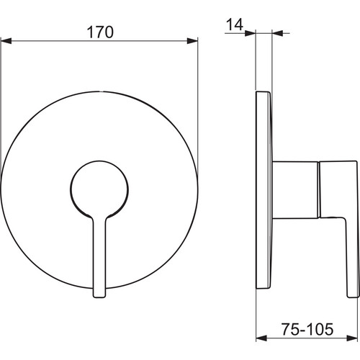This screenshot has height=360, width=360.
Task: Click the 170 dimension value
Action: pyautogui.click(x=100, y=32)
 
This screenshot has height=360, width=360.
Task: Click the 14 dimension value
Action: pyautogui.click(x=235, y=24)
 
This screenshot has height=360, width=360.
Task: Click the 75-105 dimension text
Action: pyautogui.click(x=307, y=329)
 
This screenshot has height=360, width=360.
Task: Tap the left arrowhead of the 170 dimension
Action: pyautogui.click(x=6, y=41)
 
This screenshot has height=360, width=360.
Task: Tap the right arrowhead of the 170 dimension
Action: pyautogui.click(x=192, y=41)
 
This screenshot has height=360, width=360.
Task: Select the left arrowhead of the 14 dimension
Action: pyautogui.click(x=250, y=33)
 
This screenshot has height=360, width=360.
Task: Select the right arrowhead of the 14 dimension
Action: pyautogui.click(x=278, y=33)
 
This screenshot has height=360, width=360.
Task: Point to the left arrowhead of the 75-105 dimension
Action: pyautogui.click(x=261, y=338)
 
